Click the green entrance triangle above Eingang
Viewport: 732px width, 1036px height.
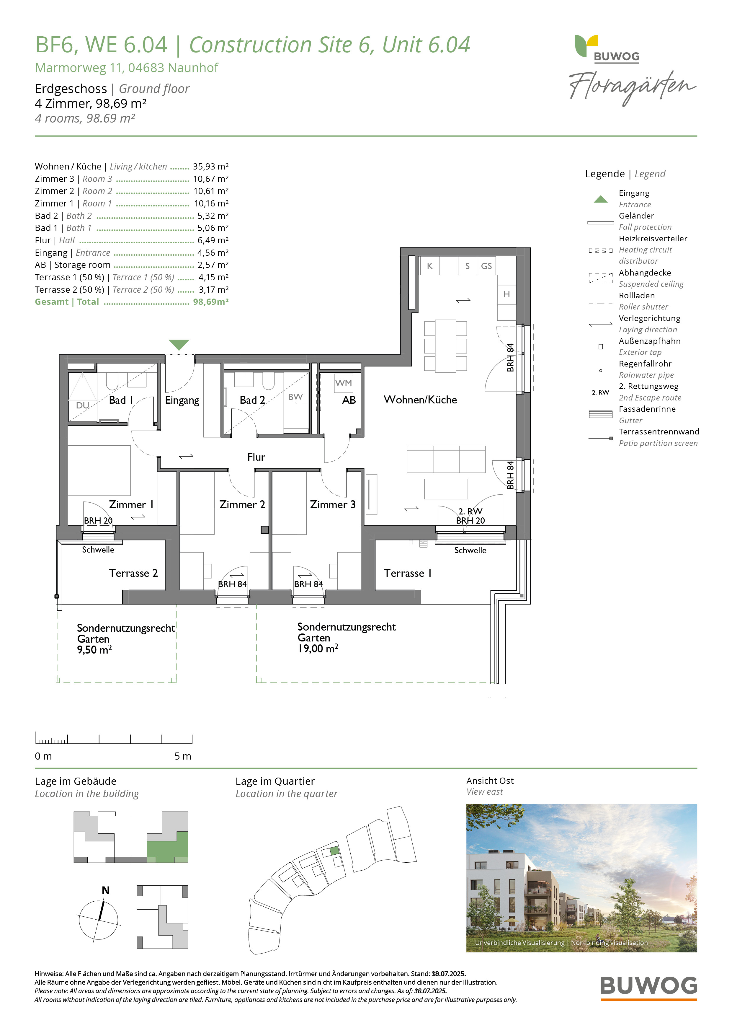179,345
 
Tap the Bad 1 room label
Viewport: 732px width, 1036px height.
121,400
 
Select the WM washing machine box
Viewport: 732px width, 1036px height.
343,383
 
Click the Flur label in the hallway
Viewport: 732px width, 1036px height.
256,457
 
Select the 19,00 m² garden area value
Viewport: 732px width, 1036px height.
318,649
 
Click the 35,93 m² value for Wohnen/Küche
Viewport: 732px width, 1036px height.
211,167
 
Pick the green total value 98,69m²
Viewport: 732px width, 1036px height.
211,302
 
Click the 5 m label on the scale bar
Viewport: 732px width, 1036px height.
183,756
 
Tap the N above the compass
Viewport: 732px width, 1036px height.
106,890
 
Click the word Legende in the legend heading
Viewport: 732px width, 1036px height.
605,174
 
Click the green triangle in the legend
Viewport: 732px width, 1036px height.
600,199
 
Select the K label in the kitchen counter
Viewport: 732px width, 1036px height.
430,266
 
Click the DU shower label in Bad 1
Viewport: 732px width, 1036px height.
83,405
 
